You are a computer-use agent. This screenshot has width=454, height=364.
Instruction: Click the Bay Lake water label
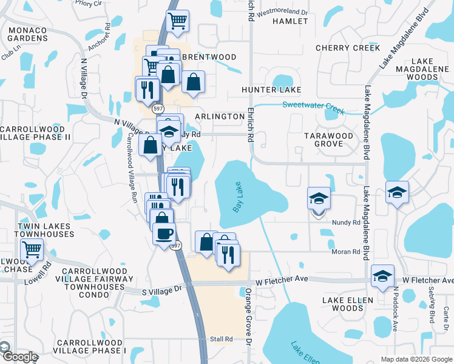click(x=239, y=197)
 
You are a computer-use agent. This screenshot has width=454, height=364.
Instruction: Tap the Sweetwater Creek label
click(x=313, y=108)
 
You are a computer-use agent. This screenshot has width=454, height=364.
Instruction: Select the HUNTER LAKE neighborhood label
click(x=271, y=90)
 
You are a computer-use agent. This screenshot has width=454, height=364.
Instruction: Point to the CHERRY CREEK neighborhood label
click(x=348, y=48)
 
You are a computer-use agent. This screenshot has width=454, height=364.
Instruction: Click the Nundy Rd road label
click(x=347, y=223)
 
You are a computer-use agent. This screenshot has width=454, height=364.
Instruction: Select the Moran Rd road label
click(x=346, y=251)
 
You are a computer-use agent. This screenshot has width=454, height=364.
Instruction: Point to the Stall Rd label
click(x=222, y=339)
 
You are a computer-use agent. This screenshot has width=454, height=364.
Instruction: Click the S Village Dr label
click(x=161, y=290)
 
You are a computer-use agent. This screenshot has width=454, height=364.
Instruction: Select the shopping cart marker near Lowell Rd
click(x=32, y=249)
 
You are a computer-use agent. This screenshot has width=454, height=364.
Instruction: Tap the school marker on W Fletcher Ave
click(x=383, y=275)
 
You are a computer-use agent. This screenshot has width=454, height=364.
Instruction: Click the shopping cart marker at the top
click(x=177, y=22)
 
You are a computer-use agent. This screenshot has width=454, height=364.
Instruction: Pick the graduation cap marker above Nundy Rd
click(x=318, y=198)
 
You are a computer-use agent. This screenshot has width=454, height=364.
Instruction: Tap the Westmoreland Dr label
click(x=282, y=12)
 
